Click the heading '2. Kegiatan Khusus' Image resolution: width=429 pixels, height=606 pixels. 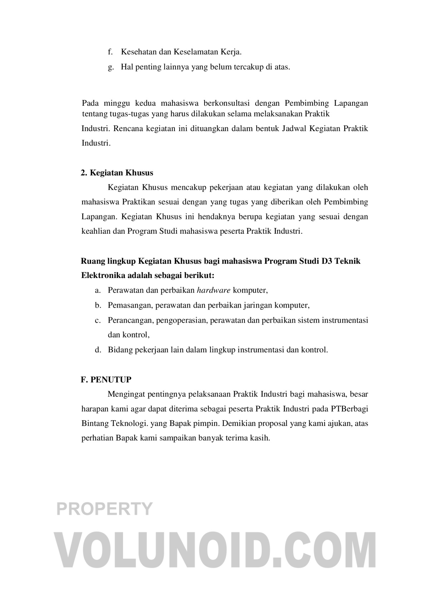point(117,173)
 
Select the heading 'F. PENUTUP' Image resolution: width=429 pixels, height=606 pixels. point(106,379)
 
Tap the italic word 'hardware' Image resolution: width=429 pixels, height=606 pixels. point(213,290)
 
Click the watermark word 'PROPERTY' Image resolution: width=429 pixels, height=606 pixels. point(105,508)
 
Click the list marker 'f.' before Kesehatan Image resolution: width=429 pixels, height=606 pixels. point(110,52)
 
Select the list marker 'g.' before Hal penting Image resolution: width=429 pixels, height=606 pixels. point(110,67)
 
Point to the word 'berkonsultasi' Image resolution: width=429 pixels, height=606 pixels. point(226,104)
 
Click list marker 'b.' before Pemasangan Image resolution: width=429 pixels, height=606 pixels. point(98,306)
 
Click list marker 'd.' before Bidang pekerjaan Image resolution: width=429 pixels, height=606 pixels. point(98,350)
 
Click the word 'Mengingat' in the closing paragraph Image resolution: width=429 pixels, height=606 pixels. point(125,394)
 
